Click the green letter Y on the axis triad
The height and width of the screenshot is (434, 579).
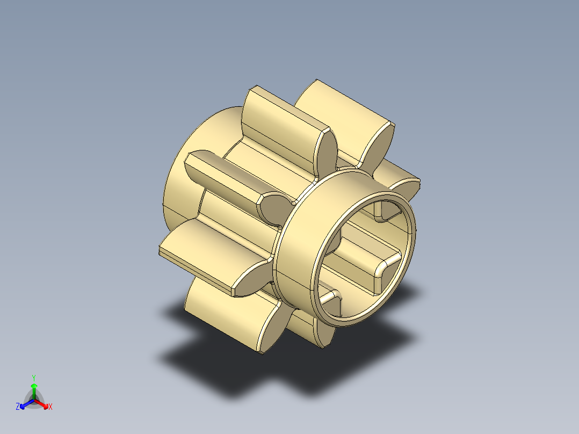33,377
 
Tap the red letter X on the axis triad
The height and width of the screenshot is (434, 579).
50,407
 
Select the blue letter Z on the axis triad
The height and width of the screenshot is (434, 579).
18,407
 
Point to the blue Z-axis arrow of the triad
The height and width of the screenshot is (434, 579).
24,404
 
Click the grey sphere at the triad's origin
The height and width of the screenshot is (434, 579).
34,401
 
